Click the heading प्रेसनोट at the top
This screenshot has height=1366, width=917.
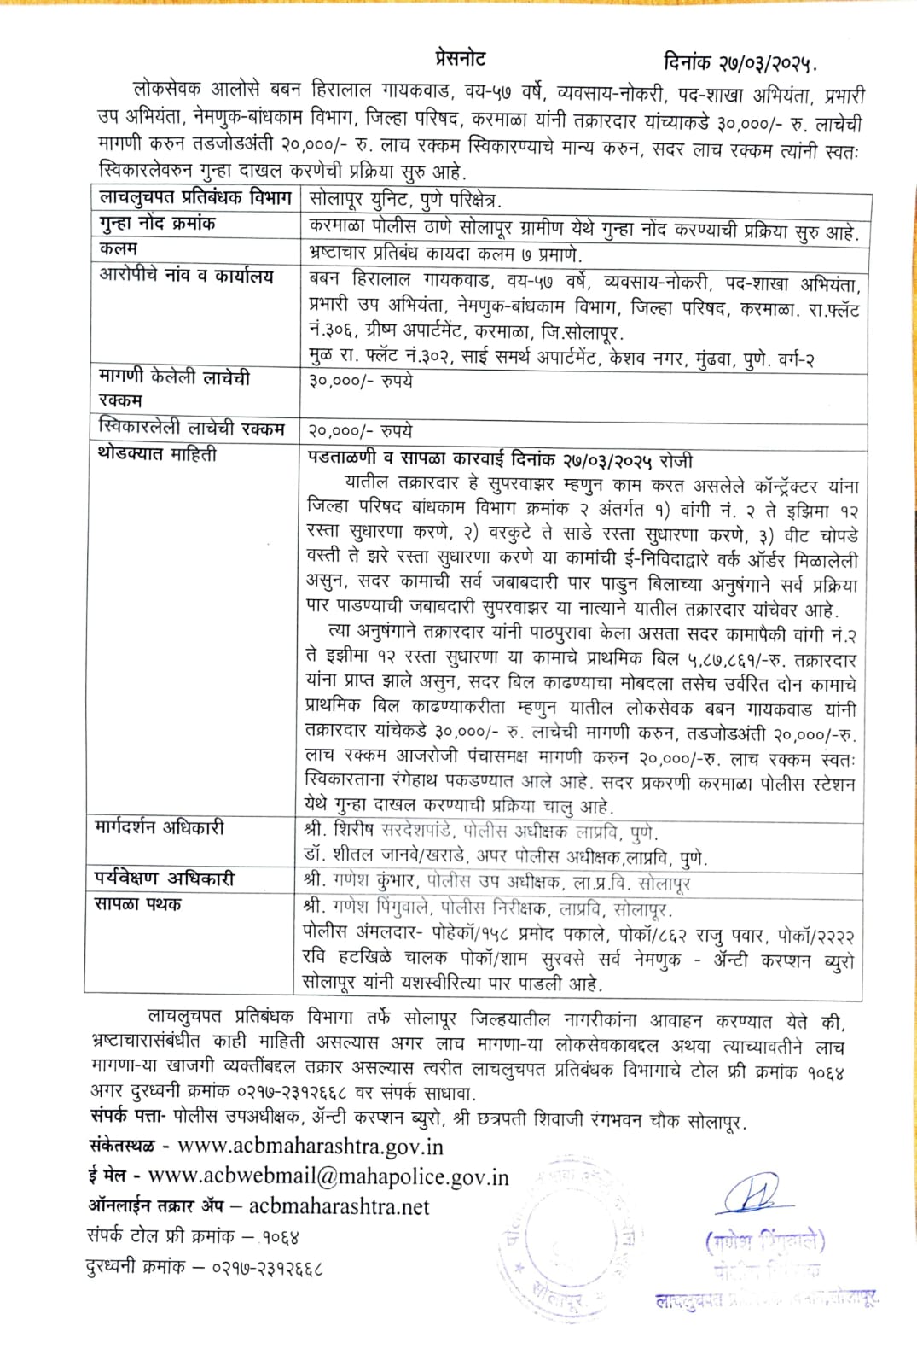[x=459, y=59]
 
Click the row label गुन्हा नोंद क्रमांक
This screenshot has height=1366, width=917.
[x=158, y=224]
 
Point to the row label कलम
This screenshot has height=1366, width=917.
[x=119, y=248]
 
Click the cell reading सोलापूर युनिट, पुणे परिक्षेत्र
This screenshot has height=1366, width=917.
[x=405, y=200]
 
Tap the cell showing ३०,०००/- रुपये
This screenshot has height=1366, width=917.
[x=359, y=381]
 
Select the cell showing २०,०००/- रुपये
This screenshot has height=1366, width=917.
[x=359, y=431]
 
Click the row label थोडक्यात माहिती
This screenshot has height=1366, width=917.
[x=158, y=455]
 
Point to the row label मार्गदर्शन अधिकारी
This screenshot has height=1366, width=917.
[x=160, y=828]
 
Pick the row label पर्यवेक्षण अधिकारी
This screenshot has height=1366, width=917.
[x=165, y=879]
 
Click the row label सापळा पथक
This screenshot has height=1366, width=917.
[x=138, y=904]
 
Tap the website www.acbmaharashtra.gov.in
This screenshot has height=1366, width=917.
[x=311, y=1146]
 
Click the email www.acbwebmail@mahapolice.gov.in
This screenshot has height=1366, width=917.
[x=328, y=1176]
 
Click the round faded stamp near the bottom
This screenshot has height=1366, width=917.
[x=567, y=1234]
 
